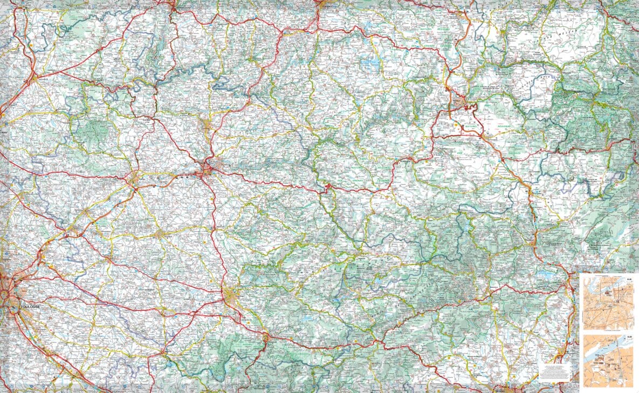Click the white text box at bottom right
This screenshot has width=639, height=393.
(x=554, y=370)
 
